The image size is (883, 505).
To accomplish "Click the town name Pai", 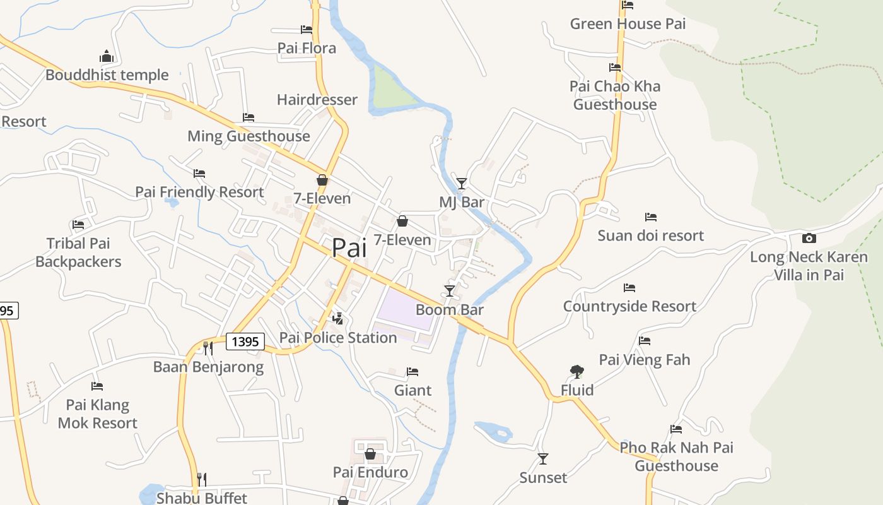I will point(349,248).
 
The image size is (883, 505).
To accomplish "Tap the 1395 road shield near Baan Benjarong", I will point(245,342).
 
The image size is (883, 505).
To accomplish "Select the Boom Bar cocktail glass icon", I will point(450,290).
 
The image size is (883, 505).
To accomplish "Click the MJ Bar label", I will point(462,202).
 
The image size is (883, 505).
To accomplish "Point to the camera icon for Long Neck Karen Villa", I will point(809,238).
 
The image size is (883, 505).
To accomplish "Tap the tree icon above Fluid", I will point(576,372).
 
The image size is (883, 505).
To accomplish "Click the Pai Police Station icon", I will point(338,318).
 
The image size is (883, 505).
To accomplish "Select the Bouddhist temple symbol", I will point(106,56).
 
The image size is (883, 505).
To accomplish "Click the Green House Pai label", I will point(628,24).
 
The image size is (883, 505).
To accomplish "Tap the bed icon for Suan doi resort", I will point(651,217).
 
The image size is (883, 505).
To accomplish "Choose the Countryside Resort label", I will point(629,306).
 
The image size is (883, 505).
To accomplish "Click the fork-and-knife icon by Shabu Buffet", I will point(201,479).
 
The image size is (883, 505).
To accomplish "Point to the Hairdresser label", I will point(317,100).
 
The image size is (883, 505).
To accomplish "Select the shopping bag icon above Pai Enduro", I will point(370,454).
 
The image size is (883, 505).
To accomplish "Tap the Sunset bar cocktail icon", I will point(542,459).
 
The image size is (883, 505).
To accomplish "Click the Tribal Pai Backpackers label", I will point(78,252).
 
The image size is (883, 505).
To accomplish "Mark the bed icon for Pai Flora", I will point(307,30).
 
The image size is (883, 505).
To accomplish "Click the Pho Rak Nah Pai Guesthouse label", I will point(676,456).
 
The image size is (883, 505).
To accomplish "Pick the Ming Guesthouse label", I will point(249,136).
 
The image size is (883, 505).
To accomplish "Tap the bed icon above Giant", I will point(412,372).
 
